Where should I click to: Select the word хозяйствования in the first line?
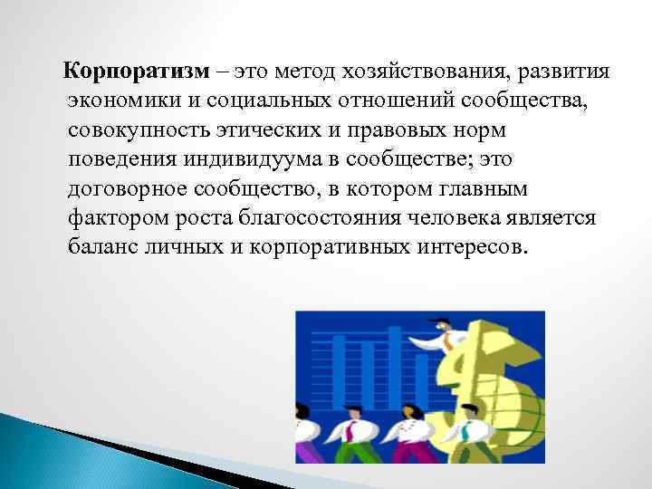[404, 72]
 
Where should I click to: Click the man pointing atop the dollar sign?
[448, 336]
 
